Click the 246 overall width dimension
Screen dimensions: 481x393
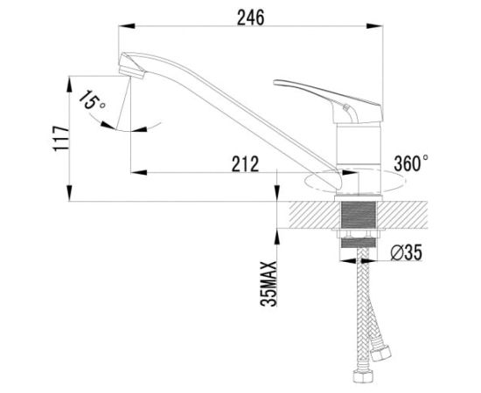(x=250, y=17)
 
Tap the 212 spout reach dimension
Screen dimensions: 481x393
(x=245, y=164)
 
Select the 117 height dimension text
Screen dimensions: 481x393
(x=61, y=138)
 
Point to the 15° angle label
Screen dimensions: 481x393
(x=93, y=100)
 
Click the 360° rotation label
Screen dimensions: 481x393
(x=411, y=163)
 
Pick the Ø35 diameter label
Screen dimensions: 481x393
(x=406, y=252)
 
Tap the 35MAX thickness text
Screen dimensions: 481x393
(x=268, y=284)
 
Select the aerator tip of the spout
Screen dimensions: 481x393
(x=132, y=73)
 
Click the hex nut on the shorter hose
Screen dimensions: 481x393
(x=380, y=353)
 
